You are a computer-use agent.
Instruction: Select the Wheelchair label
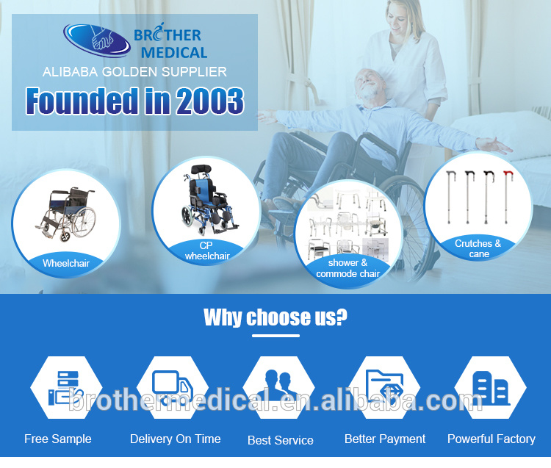click(x=65, y=262)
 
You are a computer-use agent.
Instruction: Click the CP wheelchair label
click(x=206, y=251)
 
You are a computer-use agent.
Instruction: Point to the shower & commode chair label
click(x=347, y=268)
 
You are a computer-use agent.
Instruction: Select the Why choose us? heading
click(x=275, y=317)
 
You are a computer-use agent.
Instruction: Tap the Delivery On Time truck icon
click(x=172, y=386)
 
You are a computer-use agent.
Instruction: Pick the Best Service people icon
click(x=278, y=386)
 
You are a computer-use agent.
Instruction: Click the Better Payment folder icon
click(x=385, y=386)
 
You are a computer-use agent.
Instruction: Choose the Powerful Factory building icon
click(x=490, y=386)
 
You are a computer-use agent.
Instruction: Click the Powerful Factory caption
click(x=491, y=439)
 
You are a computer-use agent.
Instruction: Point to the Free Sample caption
click(x=58, y=439)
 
